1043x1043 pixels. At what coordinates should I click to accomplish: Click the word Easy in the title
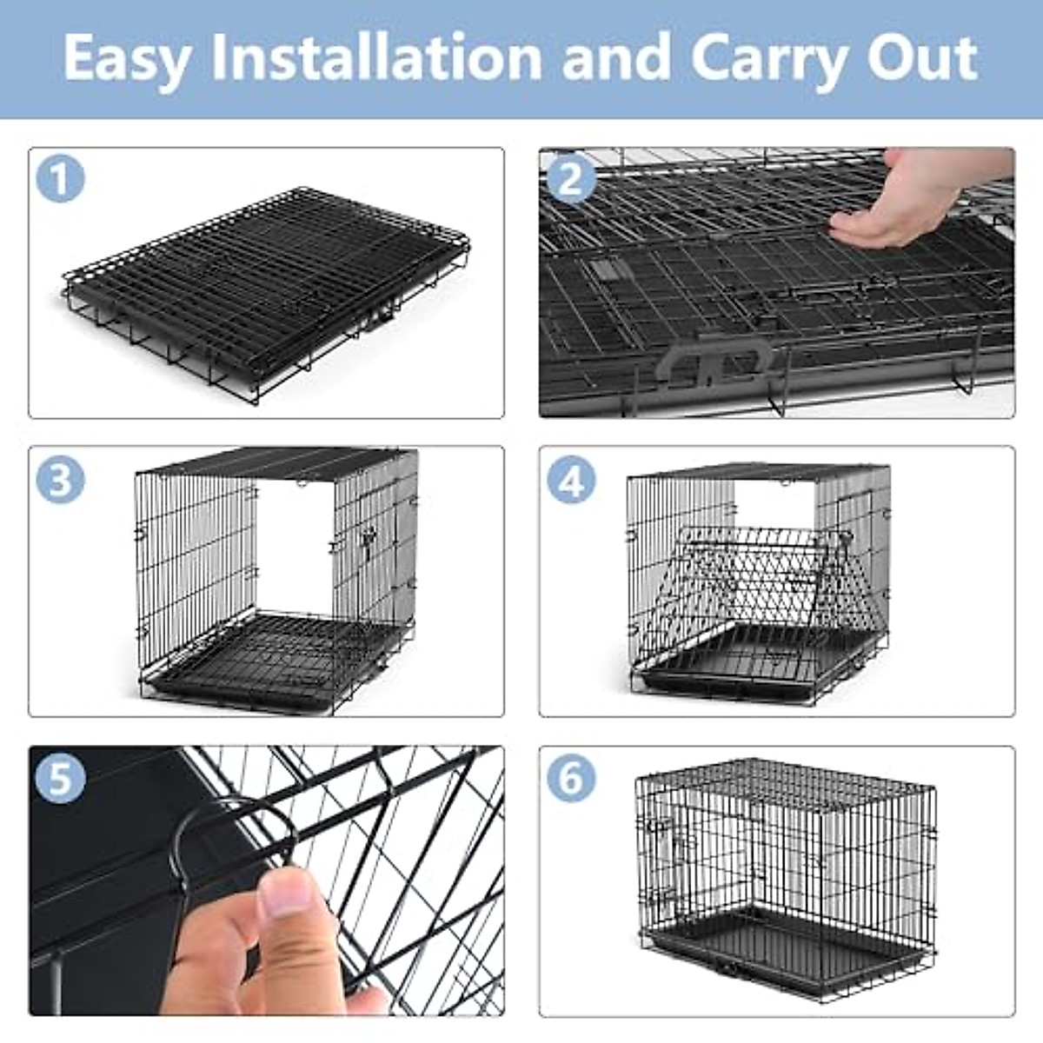tap(127, 59)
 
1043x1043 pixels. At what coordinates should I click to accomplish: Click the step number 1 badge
tap(60, 179)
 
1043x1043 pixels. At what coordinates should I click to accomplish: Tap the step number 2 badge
tap(571, 179)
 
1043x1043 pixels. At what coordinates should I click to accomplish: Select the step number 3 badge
tap(60, 479)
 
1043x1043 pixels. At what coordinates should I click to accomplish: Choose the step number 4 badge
tap(571, 479)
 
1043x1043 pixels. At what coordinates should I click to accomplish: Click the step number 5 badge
tap(60, 778)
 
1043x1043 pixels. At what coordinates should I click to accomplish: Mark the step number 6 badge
tap(571, 778)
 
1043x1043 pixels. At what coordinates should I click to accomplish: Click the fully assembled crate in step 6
tap(787, 878)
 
